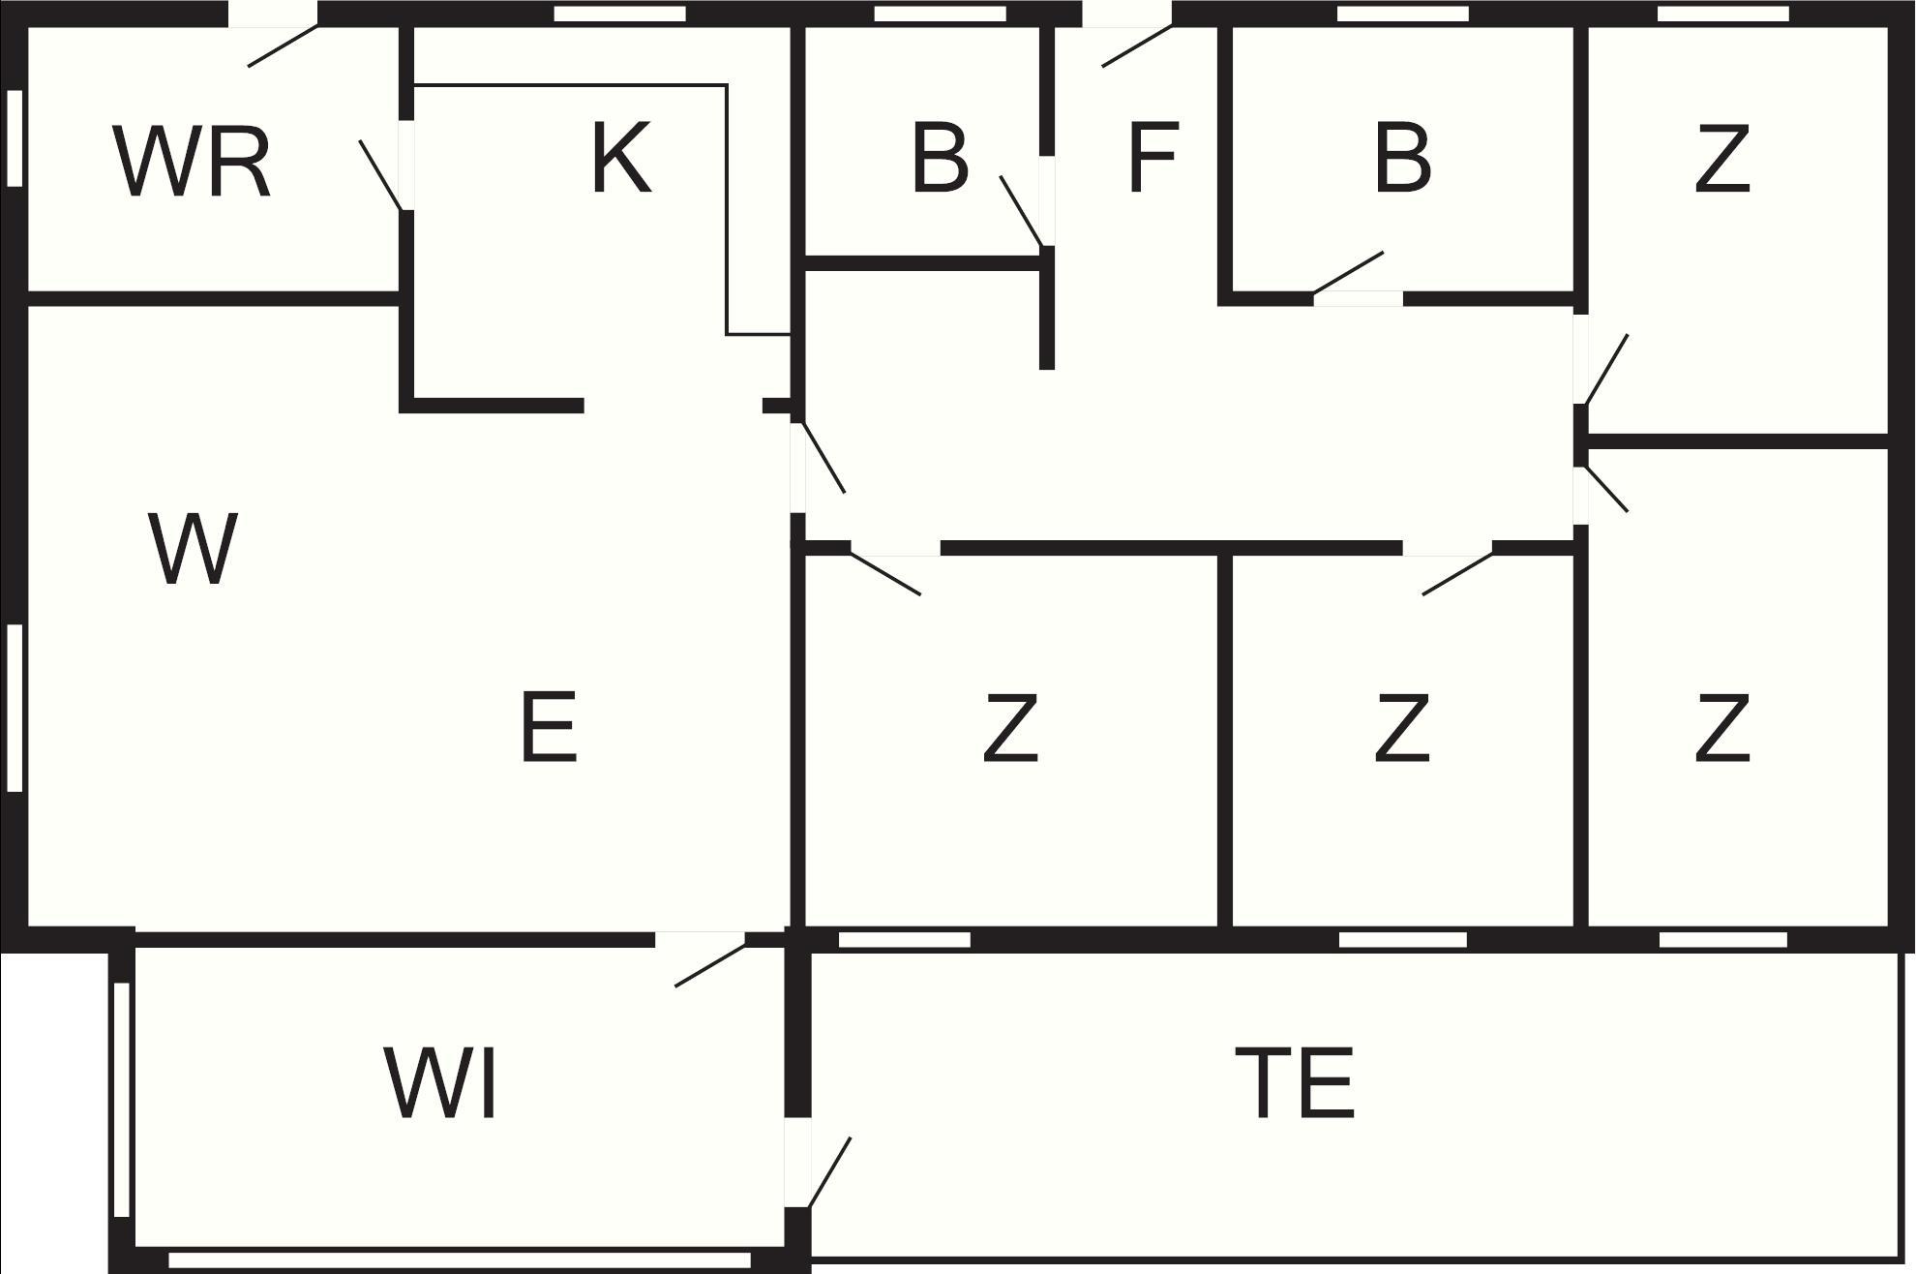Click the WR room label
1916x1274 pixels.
point(192,162)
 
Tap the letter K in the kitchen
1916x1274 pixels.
point(621,157)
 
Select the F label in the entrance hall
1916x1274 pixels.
point(1153,157)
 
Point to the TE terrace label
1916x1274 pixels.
point(1295,1082)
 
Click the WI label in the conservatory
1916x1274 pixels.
point(441,1082)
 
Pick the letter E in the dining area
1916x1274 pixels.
point(549,726)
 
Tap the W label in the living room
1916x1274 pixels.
point(193,549)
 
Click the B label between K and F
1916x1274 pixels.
point(940,157)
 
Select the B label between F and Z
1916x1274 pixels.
point(1402,157)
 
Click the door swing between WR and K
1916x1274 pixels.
point(380,175)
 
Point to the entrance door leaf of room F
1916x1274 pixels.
point(1137,46)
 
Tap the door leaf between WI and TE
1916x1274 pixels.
point(829,1172)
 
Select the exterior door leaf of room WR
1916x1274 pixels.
point(284,46)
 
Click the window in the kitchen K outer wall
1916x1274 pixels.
point(620,14)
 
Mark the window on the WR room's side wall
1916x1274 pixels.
point(15,137)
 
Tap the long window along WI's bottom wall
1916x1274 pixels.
point(460,1259)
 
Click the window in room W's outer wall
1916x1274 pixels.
point(15,709)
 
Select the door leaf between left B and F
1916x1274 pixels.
point(1022,211)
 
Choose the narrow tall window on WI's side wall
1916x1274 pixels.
point(122,1100)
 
